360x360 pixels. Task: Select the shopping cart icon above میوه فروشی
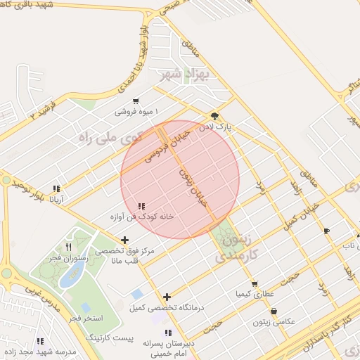[136, 101]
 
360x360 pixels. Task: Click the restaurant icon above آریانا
[56, 188]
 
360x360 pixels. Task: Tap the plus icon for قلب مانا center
[124, 240]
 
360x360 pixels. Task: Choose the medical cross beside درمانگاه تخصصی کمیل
[167, 297]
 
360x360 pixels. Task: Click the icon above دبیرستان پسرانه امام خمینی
[167, 333]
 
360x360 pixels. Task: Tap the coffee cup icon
[326, 230]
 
